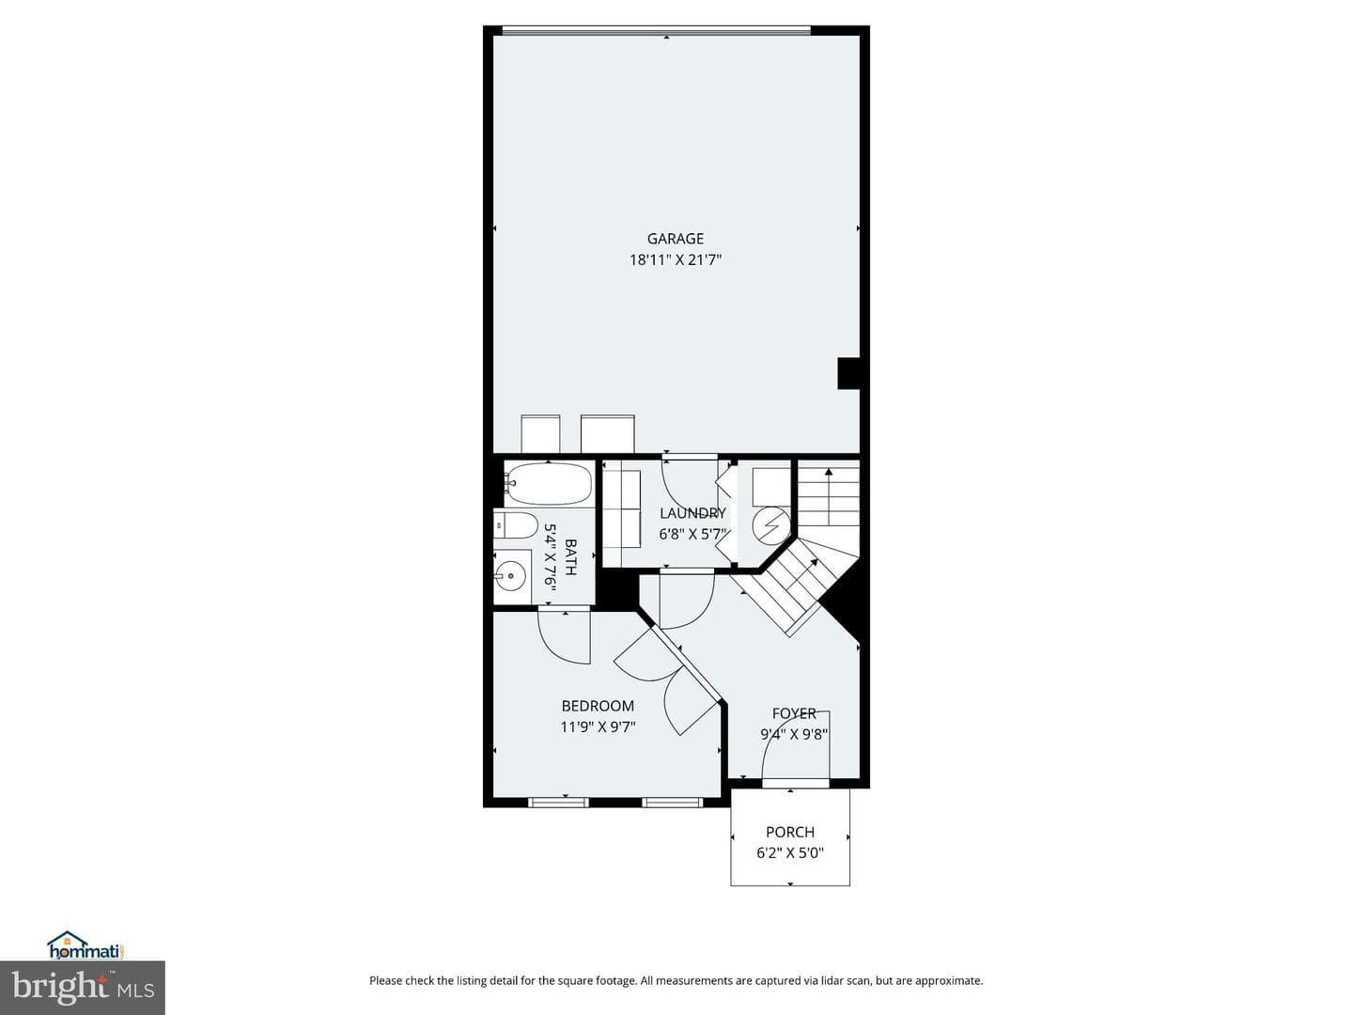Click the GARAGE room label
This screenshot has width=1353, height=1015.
click(675, 239)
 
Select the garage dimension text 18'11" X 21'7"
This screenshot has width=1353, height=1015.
click(675, 259)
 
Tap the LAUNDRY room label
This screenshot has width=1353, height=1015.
click(692, 513)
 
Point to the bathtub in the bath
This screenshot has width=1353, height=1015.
click(549, 484)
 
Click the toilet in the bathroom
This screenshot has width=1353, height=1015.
click(515, 525)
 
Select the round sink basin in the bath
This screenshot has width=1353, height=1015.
click(510, 576)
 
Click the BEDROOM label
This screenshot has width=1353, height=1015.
click(598, 706)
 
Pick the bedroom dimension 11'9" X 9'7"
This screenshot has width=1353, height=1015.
click(598, 727)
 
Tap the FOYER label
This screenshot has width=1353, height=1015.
click(794, 713)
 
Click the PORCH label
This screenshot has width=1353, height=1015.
click(790, 832)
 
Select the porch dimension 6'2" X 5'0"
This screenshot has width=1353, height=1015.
click(790, 853)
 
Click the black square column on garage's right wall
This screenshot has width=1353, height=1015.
click(848, 373)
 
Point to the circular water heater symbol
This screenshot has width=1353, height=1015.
click(771, 525)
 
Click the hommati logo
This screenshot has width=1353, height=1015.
click(86, 945)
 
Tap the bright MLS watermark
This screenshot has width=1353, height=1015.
click(83, 988)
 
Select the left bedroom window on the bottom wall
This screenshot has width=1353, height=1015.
click(558, 803)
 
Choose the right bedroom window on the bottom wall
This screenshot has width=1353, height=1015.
click(673, 803)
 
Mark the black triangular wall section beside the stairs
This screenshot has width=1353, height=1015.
click(846, 601)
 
